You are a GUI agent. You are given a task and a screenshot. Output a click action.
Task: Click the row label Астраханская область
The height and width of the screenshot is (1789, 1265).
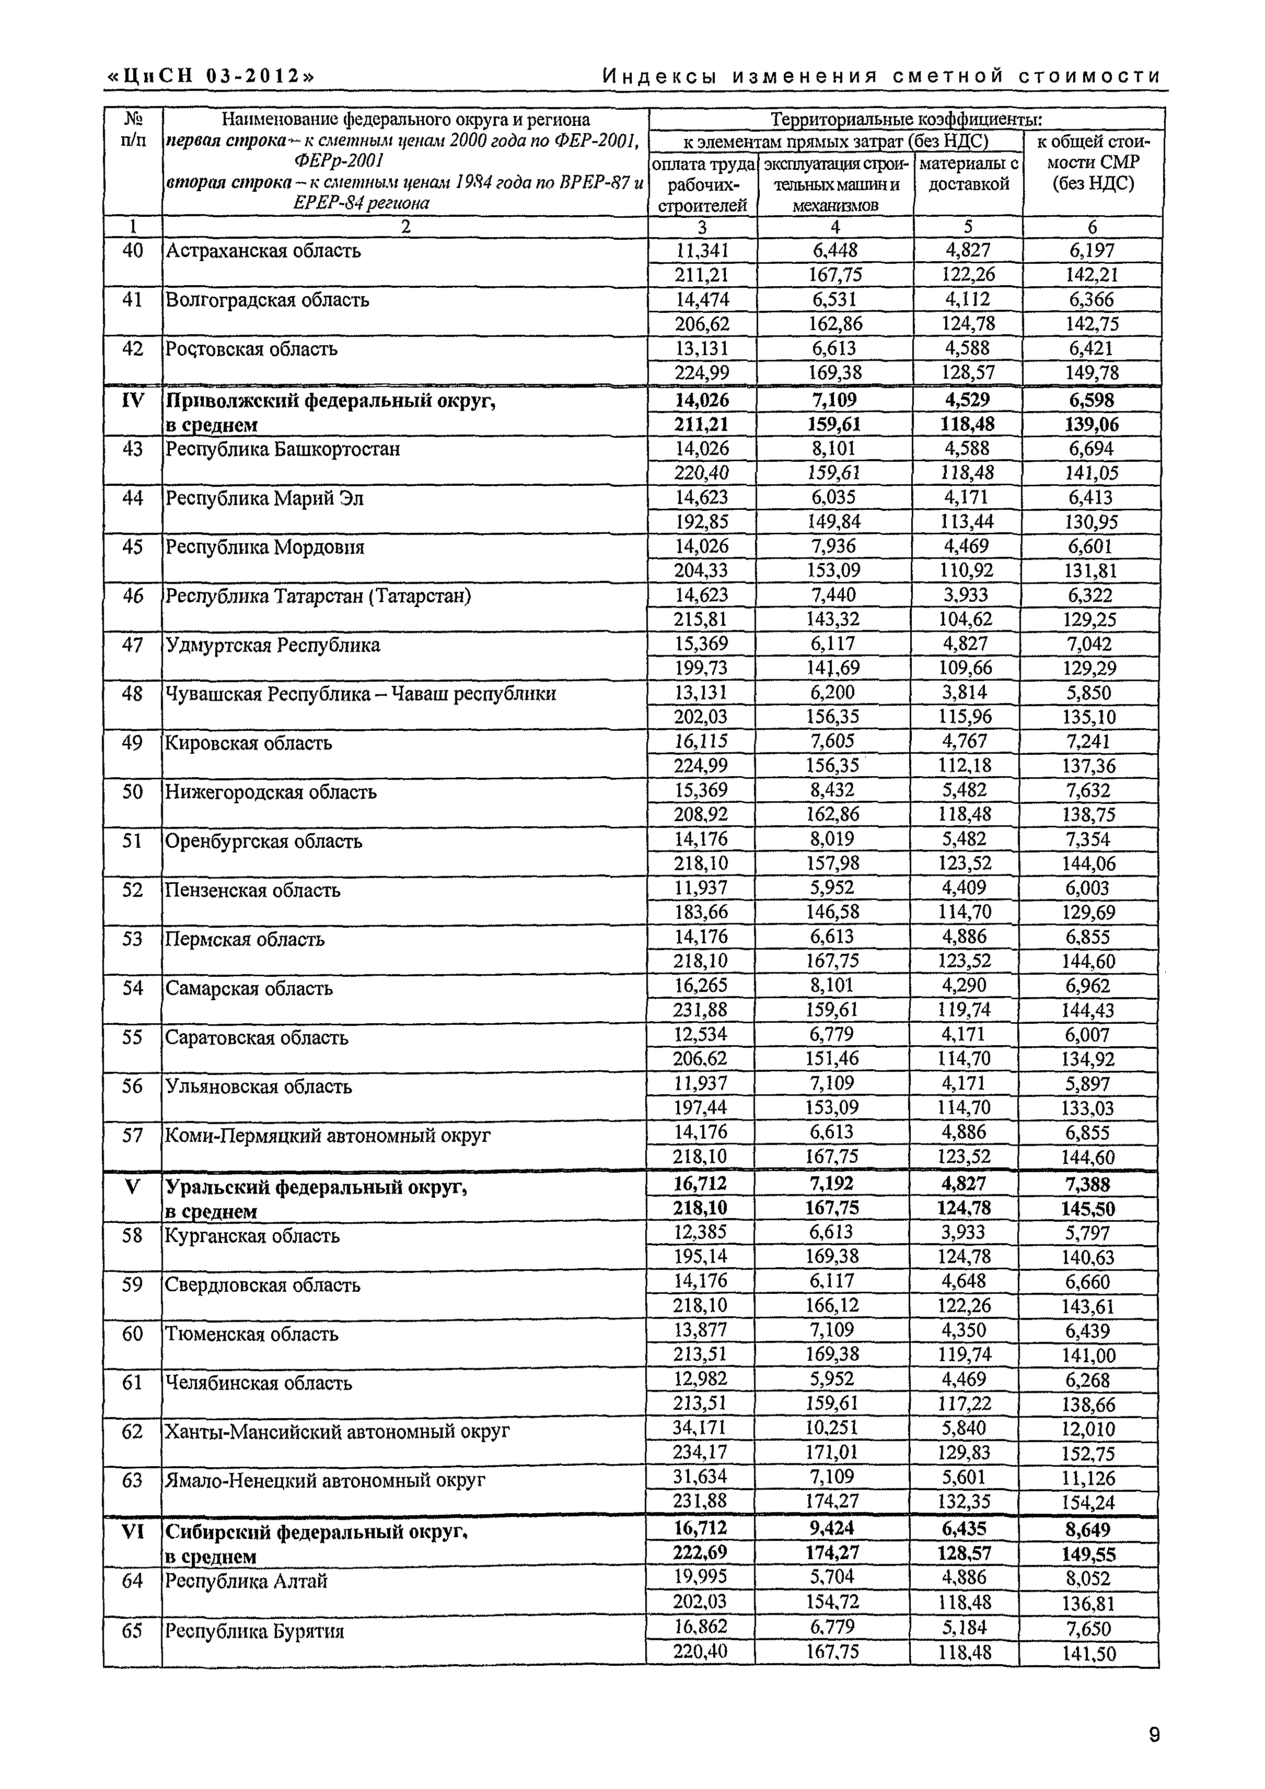click(x=263, y=251)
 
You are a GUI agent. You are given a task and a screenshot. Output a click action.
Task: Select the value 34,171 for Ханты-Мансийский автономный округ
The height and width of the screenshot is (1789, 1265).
click(x=701, y=1428)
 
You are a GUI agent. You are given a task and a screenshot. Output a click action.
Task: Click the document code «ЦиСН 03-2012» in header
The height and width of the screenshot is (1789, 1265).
click(x=211, y=76)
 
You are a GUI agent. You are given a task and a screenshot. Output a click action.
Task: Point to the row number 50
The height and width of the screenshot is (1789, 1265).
click(x=133, y=792)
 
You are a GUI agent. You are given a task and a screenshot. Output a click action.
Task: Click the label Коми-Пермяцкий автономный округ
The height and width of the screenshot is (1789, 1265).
click(x=328, y=1135)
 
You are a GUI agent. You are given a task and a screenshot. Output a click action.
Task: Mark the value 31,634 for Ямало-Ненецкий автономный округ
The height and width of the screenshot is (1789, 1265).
click(x=701, y=1477)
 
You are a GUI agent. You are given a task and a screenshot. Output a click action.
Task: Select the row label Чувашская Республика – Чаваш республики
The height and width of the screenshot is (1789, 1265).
click(x=360, y=694)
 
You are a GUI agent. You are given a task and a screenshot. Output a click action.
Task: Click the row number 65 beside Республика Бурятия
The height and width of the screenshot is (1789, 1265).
click(x=133, y=1630)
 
